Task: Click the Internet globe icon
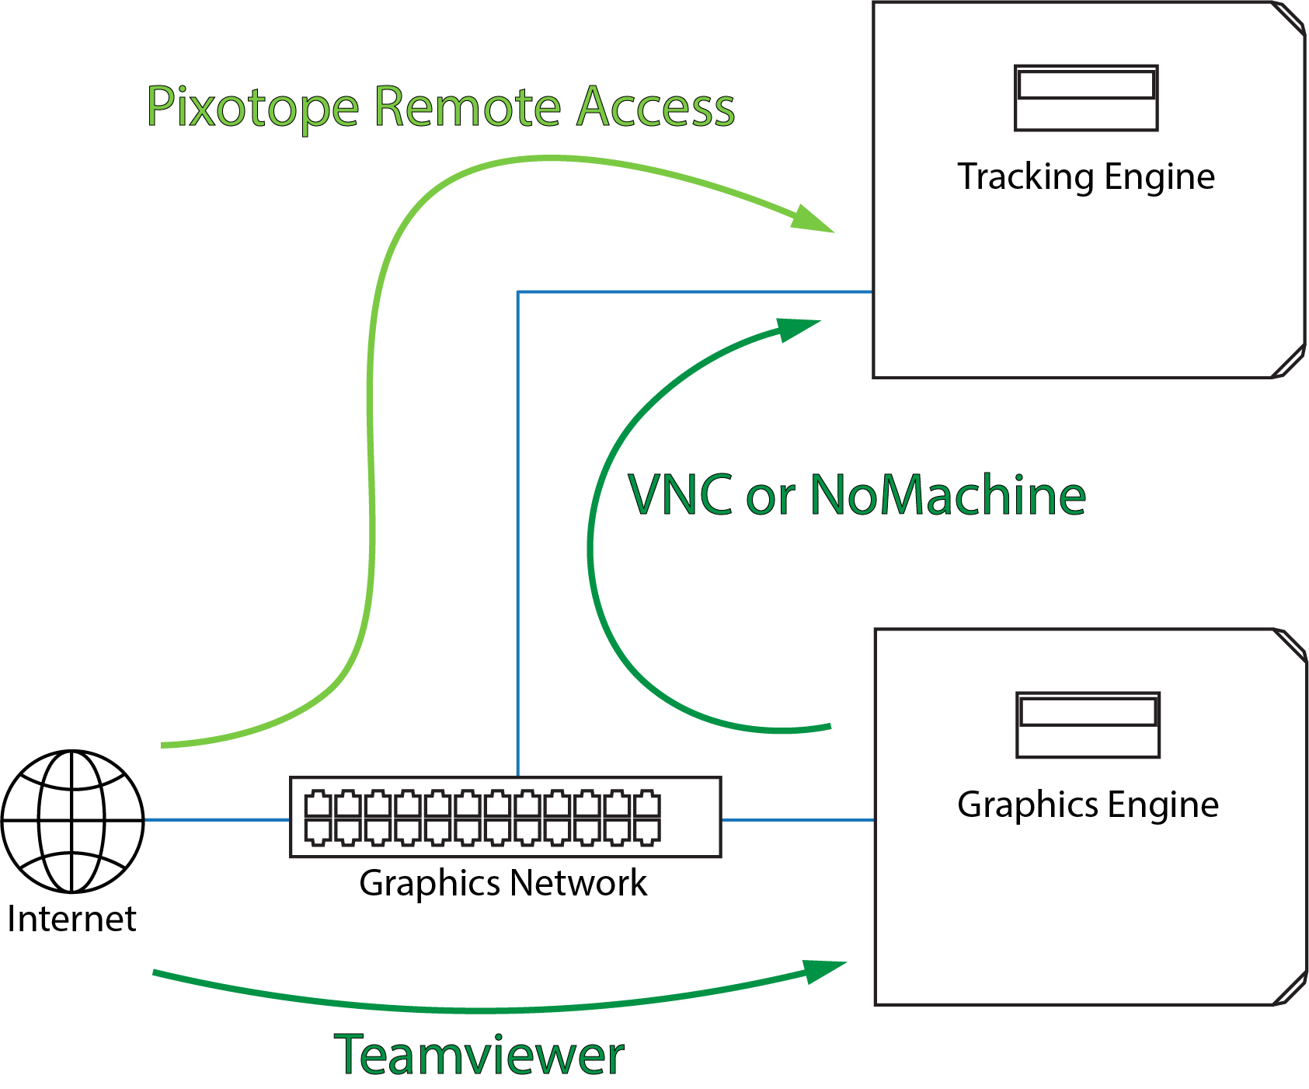coord(72,821)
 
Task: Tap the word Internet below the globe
coord(71,919)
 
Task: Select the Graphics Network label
coord(503,883)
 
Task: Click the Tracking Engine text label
coord(1085,177)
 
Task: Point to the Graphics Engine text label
coord(1088,805)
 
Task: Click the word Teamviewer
coord(479,1055)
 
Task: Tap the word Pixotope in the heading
coord(252,106)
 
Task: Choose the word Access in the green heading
coord(656,106)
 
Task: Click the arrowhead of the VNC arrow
coord(797,328)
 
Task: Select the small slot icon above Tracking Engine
coord(1086,98)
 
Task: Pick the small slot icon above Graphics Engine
coord(1088,724)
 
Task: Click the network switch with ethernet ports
coord(505,817)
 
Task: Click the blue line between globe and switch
coord(217,820)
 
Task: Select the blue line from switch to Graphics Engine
coord(798,820)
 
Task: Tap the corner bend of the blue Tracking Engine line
coord(518,292)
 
